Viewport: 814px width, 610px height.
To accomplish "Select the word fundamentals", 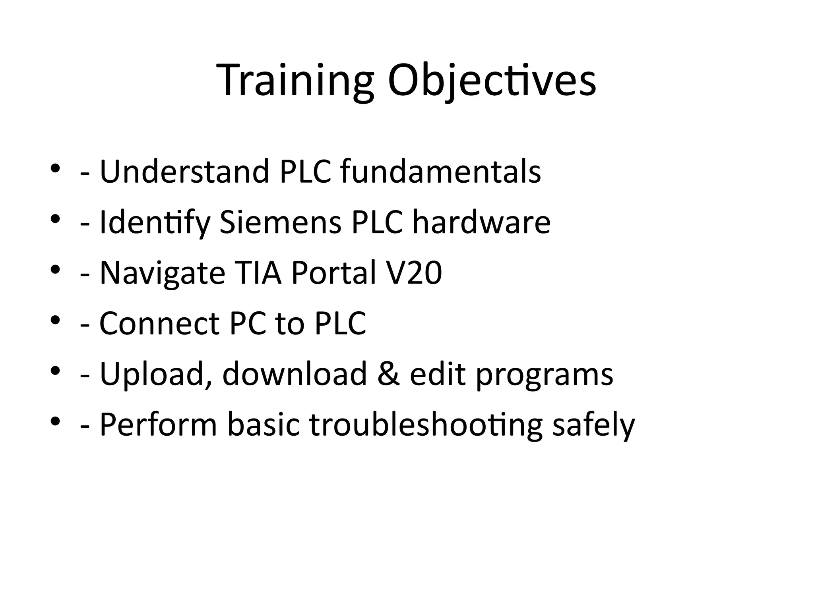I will click(440, 172).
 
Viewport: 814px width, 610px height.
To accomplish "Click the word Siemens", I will click(280, 222).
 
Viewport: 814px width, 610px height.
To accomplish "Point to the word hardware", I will click(481, 222).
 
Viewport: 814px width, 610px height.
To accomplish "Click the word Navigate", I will click(162, 273).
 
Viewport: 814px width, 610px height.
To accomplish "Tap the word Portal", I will click(333, 273).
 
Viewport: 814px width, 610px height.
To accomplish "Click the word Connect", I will click(159, 324).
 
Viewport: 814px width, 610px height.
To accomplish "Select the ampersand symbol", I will click(388, 374).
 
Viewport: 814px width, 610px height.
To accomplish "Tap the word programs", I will click(545, 374).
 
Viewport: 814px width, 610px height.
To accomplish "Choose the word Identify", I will click(155, 222).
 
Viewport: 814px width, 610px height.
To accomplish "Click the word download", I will click(295, 374).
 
